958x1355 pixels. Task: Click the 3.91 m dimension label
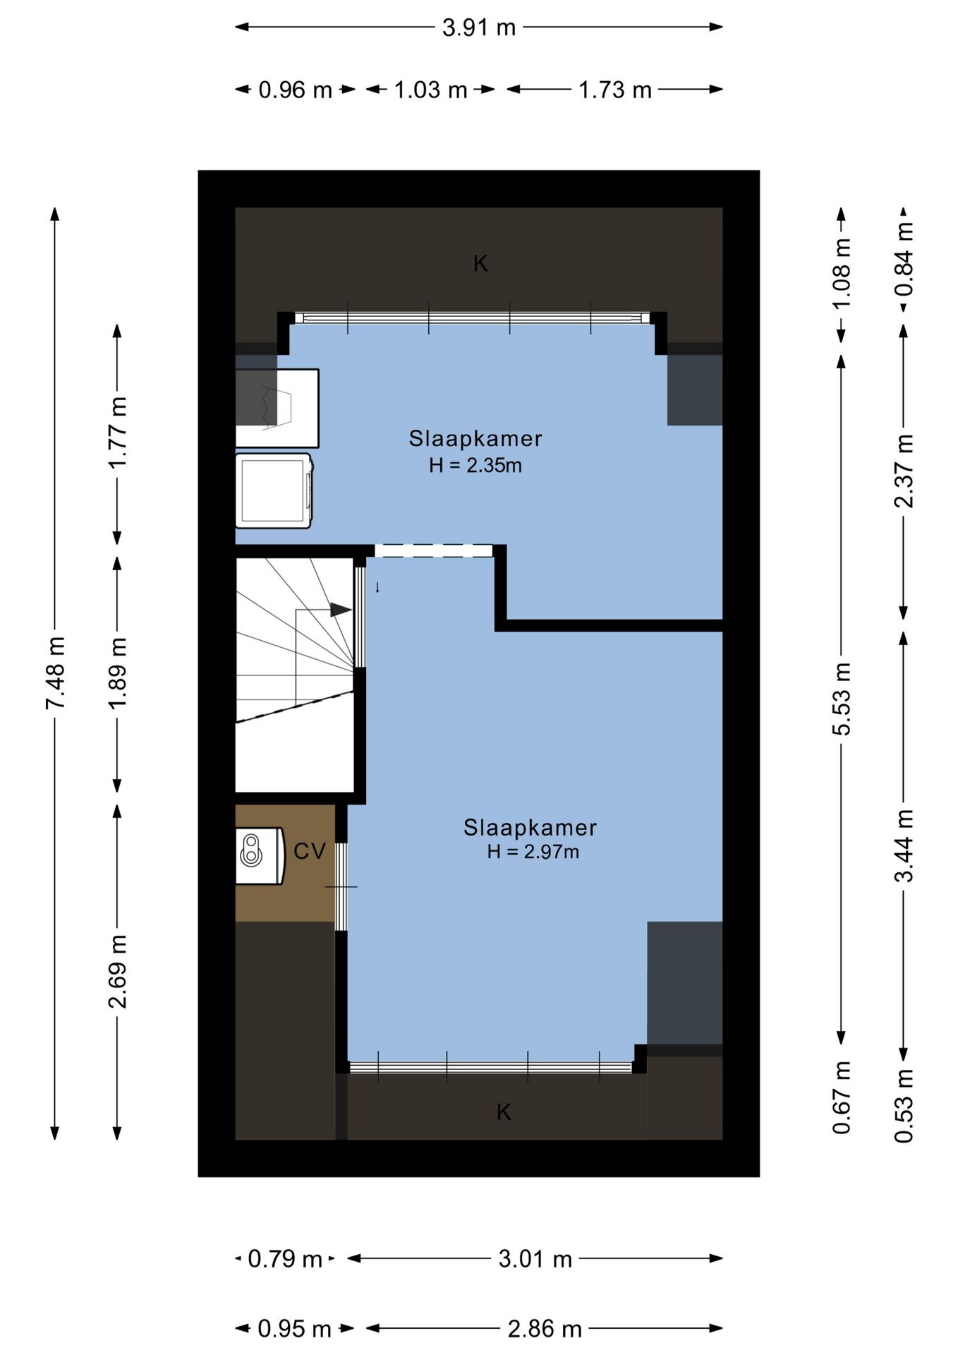coord(479,28)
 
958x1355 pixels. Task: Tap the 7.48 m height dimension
coord(56,673)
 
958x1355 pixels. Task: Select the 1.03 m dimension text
coord(430,90)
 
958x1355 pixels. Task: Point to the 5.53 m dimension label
coord(842,699)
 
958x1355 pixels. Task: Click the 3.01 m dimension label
coord(535,1258)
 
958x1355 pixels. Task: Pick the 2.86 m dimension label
coord(545,1329)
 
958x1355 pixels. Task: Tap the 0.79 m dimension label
coord(285,1258)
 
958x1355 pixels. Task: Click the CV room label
coord(310,851)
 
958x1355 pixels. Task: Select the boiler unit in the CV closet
coord(260,855)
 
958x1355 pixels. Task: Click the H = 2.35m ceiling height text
coord(475,466)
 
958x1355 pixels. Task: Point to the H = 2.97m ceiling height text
coord(533,852)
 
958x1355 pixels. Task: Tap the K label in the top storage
coord(480,264)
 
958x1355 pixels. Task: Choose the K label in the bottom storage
coord(504,1112)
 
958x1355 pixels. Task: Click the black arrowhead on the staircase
coord(341,610)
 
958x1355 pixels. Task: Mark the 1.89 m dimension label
coord(118,673)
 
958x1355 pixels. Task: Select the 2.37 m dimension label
coord(904,471)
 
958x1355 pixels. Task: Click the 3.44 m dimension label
coord(904,845)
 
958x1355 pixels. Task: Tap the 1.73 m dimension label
coord(615,90)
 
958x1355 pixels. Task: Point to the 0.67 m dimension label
coord(842,1098)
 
